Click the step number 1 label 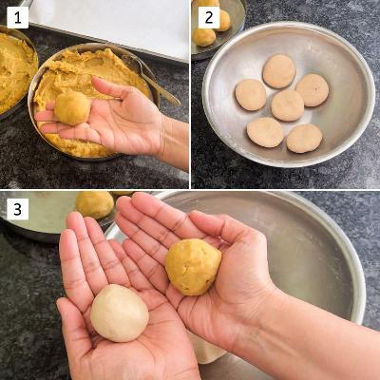[x=17, y=18]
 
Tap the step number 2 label [x=209, y=18]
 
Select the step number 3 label [x=17, y=209]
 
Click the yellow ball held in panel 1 [x=72, y=108]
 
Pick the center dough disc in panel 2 [x=288, y=105]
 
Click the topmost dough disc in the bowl [x=279, y=71]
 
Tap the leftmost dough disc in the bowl [x=251, y=95]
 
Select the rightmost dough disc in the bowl [x=312, y=90]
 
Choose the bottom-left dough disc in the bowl [x=265, y=132]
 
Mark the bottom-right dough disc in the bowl [x=304, y=139]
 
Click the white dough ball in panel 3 [x=120, y=313]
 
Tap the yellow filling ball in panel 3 [x=193, y=267]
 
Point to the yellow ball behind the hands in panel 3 [x=95, y=204]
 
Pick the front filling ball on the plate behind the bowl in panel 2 [x=204, y=37]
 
